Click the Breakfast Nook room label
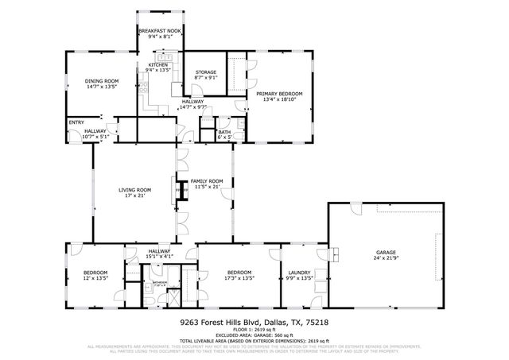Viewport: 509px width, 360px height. coord(161,30)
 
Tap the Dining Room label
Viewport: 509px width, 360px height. coord(101,80)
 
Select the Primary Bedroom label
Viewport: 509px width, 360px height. coord(279,94)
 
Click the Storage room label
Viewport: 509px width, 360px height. coord(206,72)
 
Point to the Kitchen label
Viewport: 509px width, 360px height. coord(158,65)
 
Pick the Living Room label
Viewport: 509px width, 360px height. coord(134,189)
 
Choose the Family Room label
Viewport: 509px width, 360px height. coord(206,181)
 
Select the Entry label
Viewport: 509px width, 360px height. coord(76,122)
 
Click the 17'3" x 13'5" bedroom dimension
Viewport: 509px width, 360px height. coord(238,278)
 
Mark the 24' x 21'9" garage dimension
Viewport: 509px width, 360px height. coord(385,258)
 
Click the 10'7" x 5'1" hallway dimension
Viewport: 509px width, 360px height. coord(94,137)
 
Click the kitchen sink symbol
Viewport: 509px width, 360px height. coord(166,57)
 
